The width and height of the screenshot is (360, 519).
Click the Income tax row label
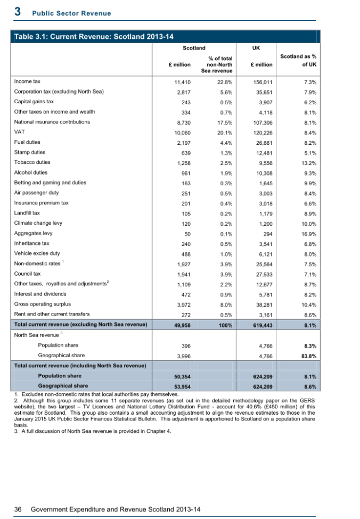(27, 82)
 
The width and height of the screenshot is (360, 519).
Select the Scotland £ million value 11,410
(182, 83)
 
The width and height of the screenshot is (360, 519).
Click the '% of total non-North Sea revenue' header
(217, 64)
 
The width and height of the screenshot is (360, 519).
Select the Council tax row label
(27, 274)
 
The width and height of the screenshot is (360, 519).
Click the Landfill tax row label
(27, 213)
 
